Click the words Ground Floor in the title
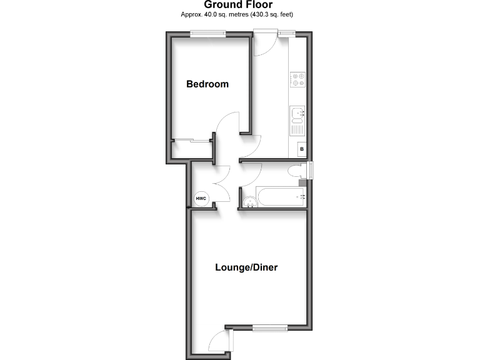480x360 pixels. click(x=239, y=5)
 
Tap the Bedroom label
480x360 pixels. click(x=207, y=84)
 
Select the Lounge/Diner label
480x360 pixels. click(x=246, y=267)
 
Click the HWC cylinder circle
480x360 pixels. click(x=201, y=199)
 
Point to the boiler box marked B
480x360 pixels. click(x=301, y=149)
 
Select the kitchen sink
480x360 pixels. click(x=297, y=113)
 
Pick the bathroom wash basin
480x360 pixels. click(x=249, y=201)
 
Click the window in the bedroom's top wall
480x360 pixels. click(x=208, y=34)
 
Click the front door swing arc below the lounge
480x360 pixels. click(x=217, y=341)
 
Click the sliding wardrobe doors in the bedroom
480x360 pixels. click(x=191, y=141)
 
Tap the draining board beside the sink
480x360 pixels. click(x=297, y=129)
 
